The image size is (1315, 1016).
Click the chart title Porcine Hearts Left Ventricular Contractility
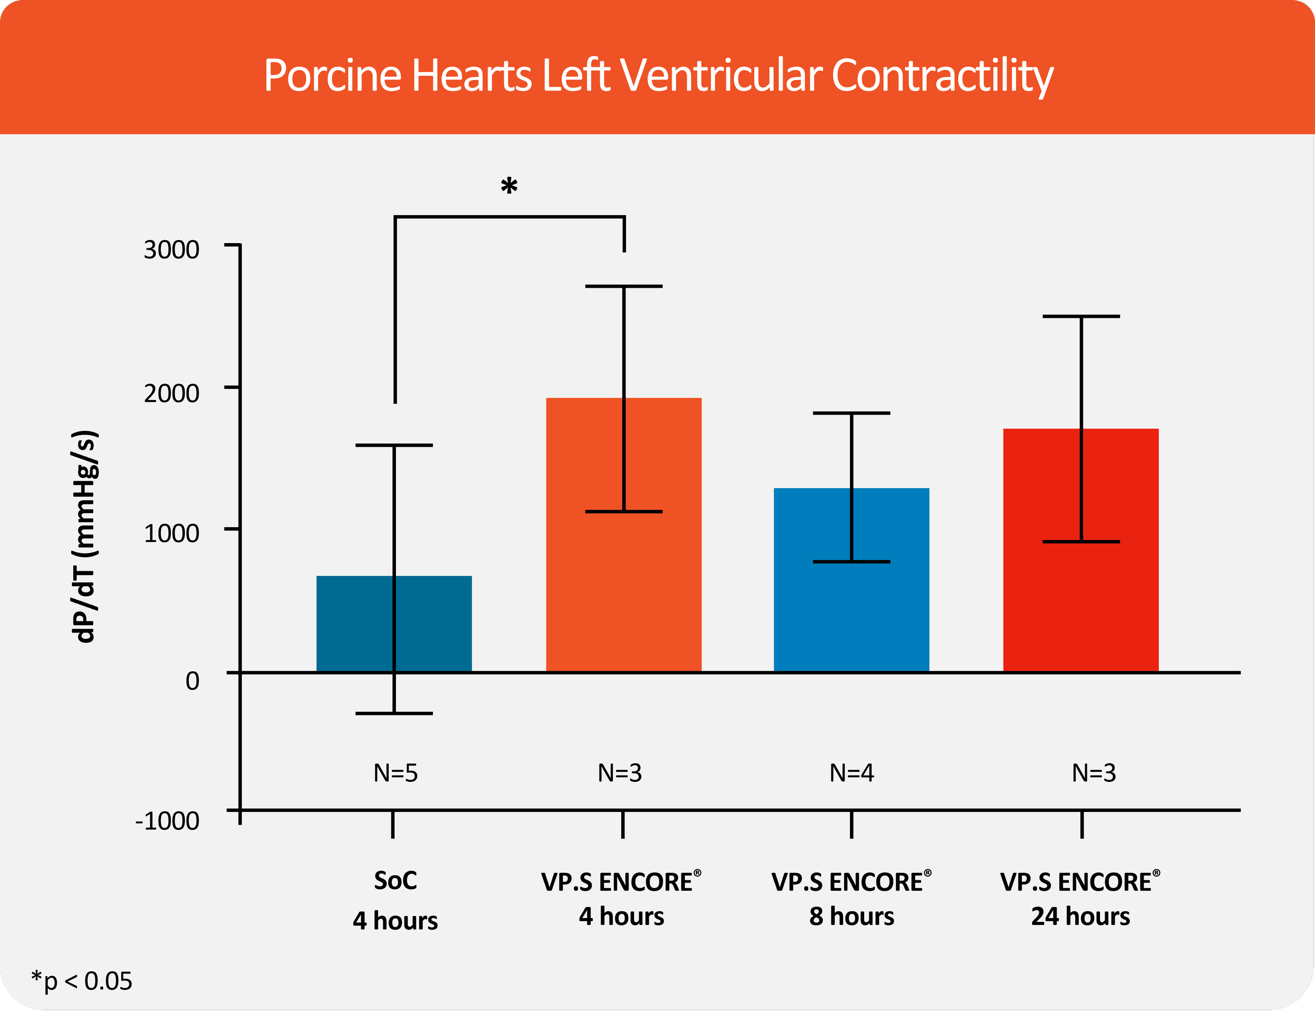pyautogui.click(x=658, y=75)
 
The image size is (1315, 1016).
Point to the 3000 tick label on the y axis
pyautogui.click(x=171, y=249)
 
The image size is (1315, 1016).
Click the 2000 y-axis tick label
pyautogui.click(x=171, y=393)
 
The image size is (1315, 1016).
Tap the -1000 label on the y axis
pyautogui.click(x=167, y=821)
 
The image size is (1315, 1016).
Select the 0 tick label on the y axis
pyautogui.click(x=192, y=680)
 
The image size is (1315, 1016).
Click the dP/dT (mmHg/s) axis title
pyautogui.click(x=84, y=536)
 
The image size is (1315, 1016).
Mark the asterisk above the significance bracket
pyautogui.click(x=509, y=187)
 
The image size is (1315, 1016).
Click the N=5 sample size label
pyautogui.click(x=395, y=773)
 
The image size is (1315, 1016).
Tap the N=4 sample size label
pyautogui.click(x=852, y=773)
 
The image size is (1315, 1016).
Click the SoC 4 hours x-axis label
pyautogui.click(x=395, y=900)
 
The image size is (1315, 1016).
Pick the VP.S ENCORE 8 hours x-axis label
pyautogui.click(x=852, y=899)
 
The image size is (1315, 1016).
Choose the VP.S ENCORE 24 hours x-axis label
pyautogui.click(x=1081, y=899)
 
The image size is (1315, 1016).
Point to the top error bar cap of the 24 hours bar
pyautogui.click(x=1081, y=316)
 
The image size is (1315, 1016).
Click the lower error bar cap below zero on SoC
pyautogui.click(x=394, y=713)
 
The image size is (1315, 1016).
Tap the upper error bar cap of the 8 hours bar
pyautogui.click(x=852, y=413)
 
